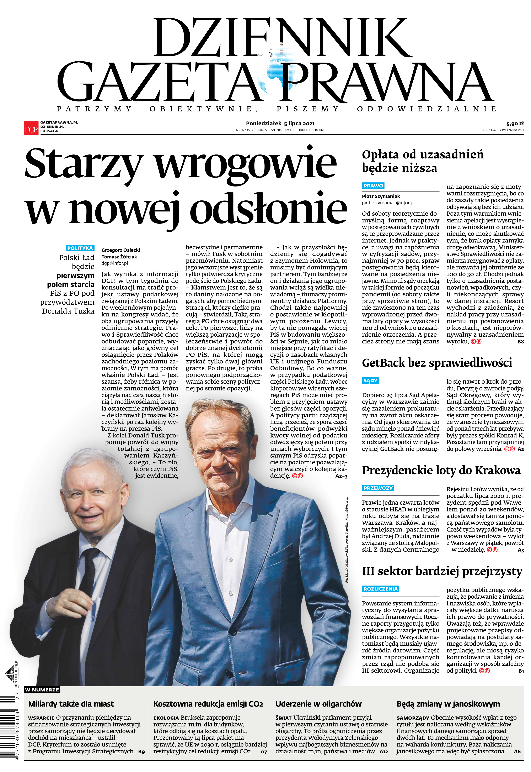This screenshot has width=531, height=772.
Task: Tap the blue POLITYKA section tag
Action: (x=80, y=248)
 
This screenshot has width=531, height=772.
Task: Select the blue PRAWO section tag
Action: (x=373, y=186)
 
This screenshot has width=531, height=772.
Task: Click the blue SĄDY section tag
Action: (x=370, y=380)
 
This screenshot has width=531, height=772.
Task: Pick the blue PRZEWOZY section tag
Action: (x=378, y=488)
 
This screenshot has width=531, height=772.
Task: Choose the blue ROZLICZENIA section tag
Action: (x=380, y=589)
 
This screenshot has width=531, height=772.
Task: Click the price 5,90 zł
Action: (x=515, y=124)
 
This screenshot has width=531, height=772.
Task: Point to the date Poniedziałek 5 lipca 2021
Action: (x=280, y=124)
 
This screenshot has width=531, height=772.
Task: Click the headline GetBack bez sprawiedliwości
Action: (x=437, y=363)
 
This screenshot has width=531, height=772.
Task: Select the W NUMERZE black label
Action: (x=42, y=690)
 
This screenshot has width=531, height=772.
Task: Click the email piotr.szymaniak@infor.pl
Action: (x=388, y=203)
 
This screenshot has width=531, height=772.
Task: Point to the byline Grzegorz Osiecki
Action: (x=121, y=250)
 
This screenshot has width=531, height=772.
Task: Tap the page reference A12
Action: (x=384, y=751)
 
